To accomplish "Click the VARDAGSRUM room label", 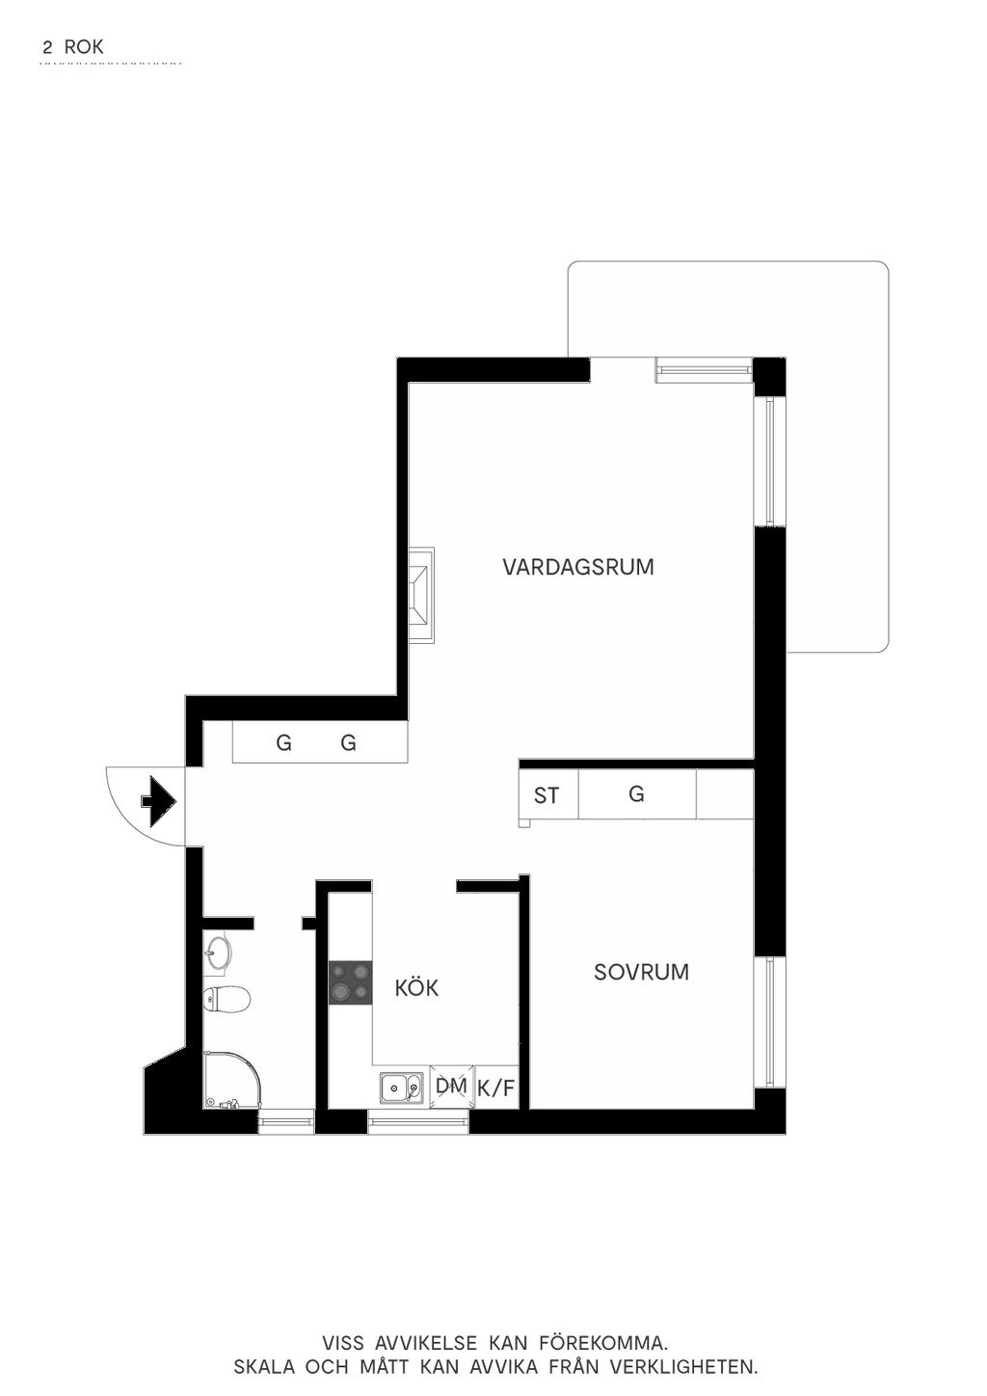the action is [x=578, y=567].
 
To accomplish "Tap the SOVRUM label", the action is [x=641, y=972].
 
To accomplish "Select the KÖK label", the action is [x=416, y=987].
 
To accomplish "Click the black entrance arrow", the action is [x=159, y=801].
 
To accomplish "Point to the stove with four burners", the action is [x=351, y=982].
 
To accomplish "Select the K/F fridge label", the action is [x=496, y=1088].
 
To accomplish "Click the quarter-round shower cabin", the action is [x=231, y=1080].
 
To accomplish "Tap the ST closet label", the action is [x=547, y=795].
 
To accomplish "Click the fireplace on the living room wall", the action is [x=421, y=595].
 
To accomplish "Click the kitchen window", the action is [x=417, y=1122].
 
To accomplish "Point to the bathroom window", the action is [x=286, y=1122].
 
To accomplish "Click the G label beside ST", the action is [x=636, y=794].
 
